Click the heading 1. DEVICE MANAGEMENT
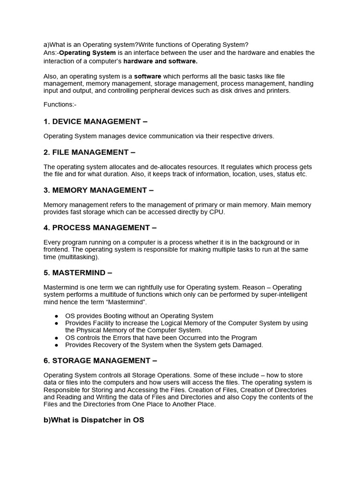point(95,121)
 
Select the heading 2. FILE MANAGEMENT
point(89,152)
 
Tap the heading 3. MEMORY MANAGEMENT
point(98,190)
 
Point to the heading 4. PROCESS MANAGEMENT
point(100,227)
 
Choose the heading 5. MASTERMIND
point(78,272)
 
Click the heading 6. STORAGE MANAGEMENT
point(100,360)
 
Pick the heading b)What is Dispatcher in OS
point(94,420)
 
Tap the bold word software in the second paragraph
point(148,76)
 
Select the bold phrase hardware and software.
point(160,61)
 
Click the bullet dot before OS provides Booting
point(57,316)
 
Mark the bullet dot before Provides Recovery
point(57,345)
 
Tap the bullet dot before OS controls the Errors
point(57,338)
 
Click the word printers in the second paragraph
point(277,90)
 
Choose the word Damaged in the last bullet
point(247,345)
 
